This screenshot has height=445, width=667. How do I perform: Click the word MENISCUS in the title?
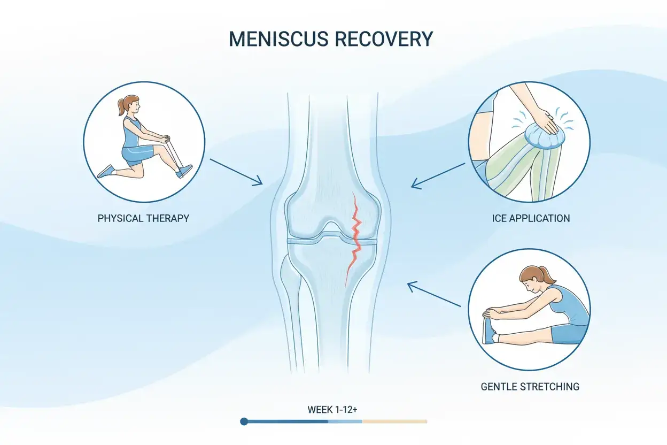[x=278, y=39]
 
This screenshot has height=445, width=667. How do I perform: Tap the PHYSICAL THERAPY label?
[x=143, y=218]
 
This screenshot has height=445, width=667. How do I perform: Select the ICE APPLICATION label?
[x=531, y=218]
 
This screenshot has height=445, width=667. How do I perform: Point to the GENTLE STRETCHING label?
[x=530, y=387]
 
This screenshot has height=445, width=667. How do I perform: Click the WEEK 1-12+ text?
[x=332, y=410]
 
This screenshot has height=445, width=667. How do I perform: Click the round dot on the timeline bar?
[x=244, y=421]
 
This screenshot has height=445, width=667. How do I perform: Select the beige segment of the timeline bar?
[x=394, y=421]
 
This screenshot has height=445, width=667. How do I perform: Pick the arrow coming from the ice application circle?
[x=438, y=176]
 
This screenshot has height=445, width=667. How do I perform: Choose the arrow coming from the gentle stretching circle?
[x=434, y=294]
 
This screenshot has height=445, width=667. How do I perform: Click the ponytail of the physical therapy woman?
[x=121, y=107]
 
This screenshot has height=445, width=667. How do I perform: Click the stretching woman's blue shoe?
[x=488, y=331]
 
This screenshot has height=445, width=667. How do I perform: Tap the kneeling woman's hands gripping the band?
[x=165, y=139]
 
